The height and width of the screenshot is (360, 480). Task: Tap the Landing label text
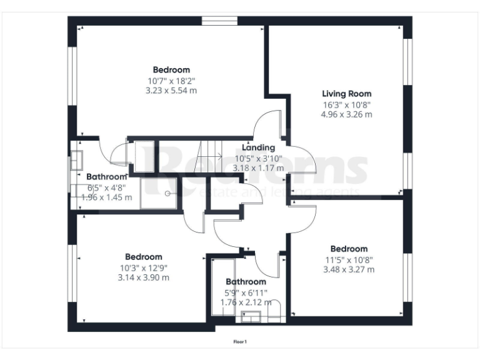[258, 147]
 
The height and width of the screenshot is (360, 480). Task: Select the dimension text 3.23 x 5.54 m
[171, 91]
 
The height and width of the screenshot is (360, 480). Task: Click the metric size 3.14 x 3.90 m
[143, 277]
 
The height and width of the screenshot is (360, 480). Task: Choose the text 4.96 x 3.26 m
[346, 114]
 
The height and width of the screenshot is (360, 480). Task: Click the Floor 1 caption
[240, 342]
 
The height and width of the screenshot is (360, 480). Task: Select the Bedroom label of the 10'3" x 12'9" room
[143, 257]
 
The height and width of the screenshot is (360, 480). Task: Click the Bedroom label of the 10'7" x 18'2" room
[171, 70]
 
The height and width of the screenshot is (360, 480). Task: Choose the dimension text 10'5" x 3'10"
[258, 158]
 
